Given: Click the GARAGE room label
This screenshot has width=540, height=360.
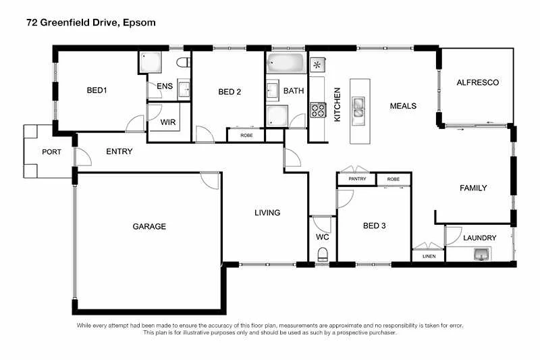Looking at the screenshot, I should coord(148,226).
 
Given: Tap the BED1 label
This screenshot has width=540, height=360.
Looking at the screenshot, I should coord(97,91).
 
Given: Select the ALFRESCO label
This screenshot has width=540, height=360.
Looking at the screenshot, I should coord(477,82).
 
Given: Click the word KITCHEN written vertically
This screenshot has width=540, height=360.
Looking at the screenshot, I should coord(337,104).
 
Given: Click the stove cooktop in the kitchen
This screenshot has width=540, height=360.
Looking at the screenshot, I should coord(317,109).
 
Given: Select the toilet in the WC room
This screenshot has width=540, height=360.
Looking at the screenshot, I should coord(323,255).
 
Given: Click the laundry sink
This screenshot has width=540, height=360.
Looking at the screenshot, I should coord(482,254).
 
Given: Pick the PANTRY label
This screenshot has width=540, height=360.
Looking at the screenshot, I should coord(357,179).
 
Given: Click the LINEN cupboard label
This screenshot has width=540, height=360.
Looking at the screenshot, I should coord(429,257).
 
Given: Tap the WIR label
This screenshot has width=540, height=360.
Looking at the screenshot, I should coord(168,122).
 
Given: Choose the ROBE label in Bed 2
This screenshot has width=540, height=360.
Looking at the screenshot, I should coord(246,135).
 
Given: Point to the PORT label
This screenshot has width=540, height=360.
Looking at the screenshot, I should coord(51,152).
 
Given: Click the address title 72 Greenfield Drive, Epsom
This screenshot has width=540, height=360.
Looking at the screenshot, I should coord(90,22).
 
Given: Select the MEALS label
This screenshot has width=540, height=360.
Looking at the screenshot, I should coord(403,106).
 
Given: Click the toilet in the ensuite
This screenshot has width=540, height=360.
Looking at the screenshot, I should coord(182,63).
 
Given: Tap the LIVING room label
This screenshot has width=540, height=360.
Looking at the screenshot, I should coord(267,213).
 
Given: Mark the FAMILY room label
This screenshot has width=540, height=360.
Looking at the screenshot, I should coord(473,188).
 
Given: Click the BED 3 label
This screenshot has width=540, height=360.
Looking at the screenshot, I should coord(374,226).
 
